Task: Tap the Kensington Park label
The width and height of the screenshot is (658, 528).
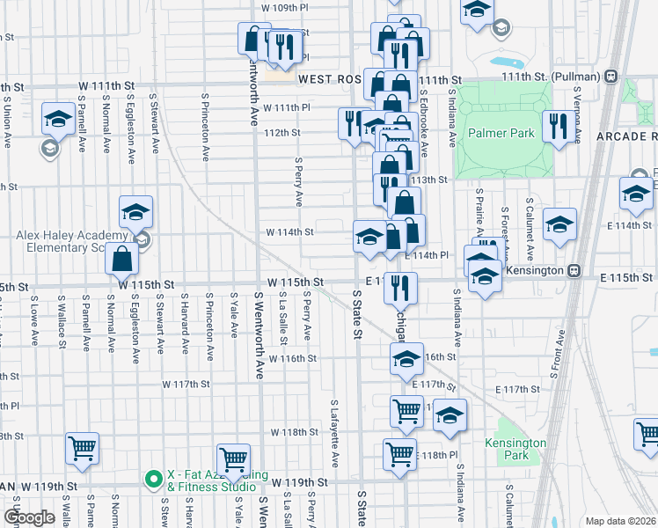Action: pyautogui.click(x=515, y=450)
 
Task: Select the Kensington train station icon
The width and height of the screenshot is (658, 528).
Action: pyautogui.click(x=574, y=270)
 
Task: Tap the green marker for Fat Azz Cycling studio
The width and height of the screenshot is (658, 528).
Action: pyautogui.click(x=152, y=480)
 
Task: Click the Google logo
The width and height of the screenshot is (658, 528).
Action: pyautogui.click(x=29, y=517)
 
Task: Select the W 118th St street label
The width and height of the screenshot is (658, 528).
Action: pyautogui.click(x=293, y=432)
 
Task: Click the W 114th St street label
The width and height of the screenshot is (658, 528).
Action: pyautogui.click(x=290, y=232)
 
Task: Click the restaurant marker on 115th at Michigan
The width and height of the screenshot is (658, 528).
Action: pyautogui.click(x=400, y=287)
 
